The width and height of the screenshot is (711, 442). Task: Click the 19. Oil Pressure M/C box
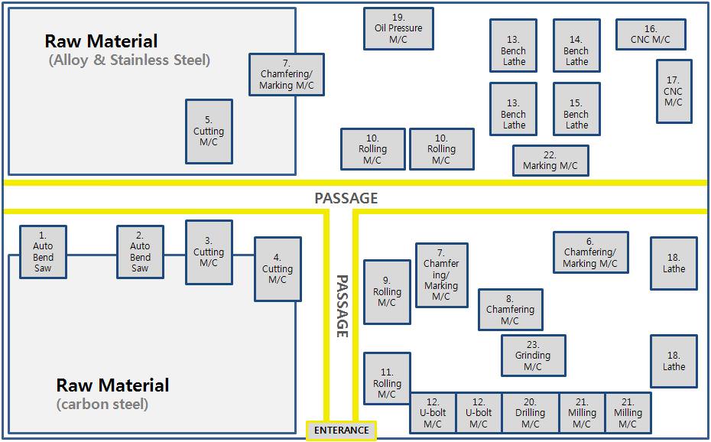pyautogui.click(x=398, y=28)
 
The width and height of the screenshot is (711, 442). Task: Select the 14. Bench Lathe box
pyautogui.click(x=576, y=45)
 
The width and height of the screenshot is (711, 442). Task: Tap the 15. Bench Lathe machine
pyautogui.click(x=576, y=109)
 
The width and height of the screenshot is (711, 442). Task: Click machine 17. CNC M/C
pyautogui.click(x=674, y=91)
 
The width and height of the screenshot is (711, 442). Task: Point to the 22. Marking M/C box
pyautogui.click(x=550, y=161)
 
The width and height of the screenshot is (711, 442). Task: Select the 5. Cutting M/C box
pyautogui.click(x=209, y=131)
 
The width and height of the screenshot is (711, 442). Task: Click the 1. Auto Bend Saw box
pyautogui.click(x=43, y=252)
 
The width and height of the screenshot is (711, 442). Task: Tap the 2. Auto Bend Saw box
pyautogui.click(x=140, y=252)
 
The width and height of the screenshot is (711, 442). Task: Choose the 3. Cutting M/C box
pyautogui.click(x=209, y=252)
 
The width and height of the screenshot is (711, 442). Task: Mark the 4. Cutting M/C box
pyautogui.click(x=278, y=268)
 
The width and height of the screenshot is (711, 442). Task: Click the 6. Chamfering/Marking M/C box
pyautogui.click(x=590, y=252)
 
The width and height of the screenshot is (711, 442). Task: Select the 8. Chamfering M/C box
pyautogui.click(x=510, y=310)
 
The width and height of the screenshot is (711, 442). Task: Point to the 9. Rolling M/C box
pyautogui.click(x=387, y=292)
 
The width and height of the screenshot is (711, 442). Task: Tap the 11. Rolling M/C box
pyautogui.click(x=387, y=379)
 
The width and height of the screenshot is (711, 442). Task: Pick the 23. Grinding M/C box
pyautogui.click(x=534, y=356)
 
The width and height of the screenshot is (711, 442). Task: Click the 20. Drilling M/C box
pyautogui.click(x=530, y=413)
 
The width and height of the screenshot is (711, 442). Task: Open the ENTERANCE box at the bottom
pyautogui.click(x=342, y=431)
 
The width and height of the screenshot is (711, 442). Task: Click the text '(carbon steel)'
pyautogui.click(x=102, y=404)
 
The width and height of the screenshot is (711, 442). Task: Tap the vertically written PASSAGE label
pyautogui.click(x=342, y=306)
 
